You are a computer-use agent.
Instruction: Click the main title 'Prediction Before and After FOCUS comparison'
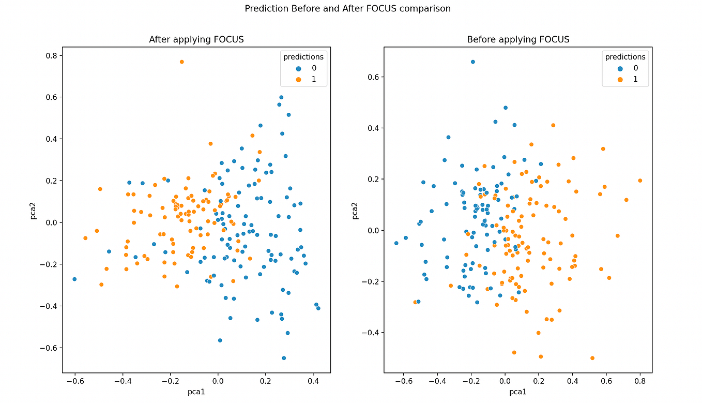coord(347,8)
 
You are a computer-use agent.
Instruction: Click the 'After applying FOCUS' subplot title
coord(196,39)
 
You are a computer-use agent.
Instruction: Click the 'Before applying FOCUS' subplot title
coord(517,39)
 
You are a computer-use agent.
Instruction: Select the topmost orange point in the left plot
coord(181,62)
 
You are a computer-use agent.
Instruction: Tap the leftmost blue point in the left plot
coord(74,279)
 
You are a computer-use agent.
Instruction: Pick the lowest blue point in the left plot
coord(284,358)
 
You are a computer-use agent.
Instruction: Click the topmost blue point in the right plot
coord(472,62)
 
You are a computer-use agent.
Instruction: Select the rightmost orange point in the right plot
coord(640,181)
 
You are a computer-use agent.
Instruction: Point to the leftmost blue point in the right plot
coord(396,243)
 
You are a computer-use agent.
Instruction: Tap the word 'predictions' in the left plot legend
coord(303,57)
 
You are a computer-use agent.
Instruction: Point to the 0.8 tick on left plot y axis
coord(50,55)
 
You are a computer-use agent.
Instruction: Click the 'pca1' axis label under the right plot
coord(517,393)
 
